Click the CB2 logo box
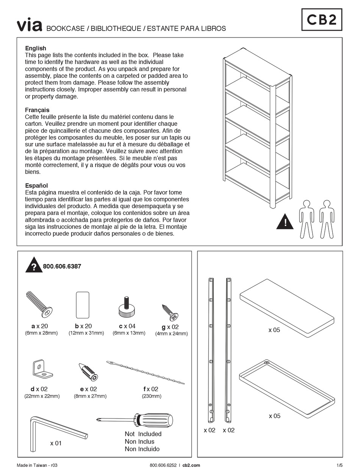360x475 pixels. (322, 20)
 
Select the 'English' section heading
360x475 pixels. (36, 48)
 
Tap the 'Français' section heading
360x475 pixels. (37, 110)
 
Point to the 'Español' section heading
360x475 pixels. (36, 185)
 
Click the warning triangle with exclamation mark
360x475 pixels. (285, 222)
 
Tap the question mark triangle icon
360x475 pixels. (34, 266)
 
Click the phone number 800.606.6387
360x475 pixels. (62, 267)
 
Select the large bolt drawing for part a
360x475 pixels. (39, 304)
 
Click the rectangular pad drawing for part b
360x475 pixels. (83, 305)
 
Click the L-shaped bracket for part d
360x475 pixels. (41, 369)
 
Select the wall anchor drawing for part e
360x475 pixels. (88, 372)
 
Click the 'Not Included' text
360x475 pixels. (143, 434)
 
